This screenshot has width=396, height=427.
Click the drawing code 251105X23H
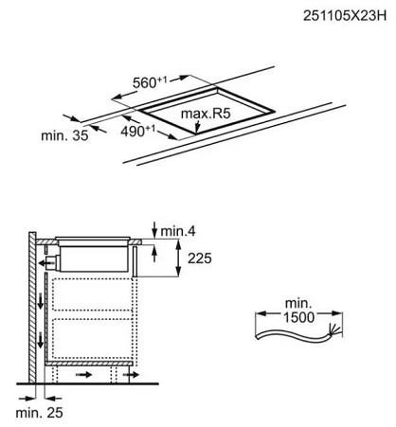[x=345, y=16]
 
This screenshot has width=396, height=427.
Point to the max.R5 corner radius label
[x=206, y=114]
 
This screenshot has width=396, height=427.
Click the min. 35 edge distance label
[x=64, y=135]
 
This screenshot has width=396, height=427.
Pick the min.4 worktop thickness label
[x=178, y=231]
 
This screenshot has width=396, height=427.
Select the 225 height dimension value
[x=200, y=258]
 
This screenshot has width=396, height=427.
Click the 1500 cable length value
[x=298, y=317]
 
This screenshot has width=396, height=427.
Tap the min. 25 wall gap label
[x=39, y=413]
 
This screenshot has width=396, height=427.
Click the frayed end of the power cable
[x=334, y=330]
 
